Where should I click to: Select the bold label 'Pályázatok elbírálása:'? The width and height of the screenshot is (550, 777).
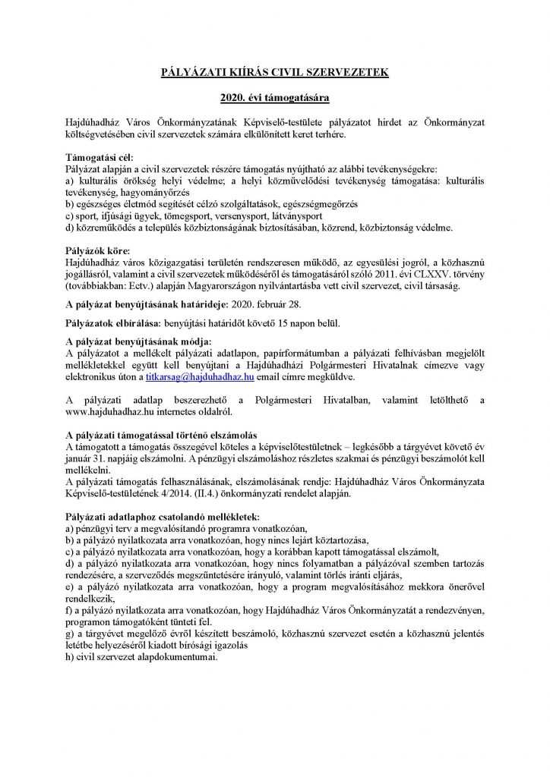pos(111,322)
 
